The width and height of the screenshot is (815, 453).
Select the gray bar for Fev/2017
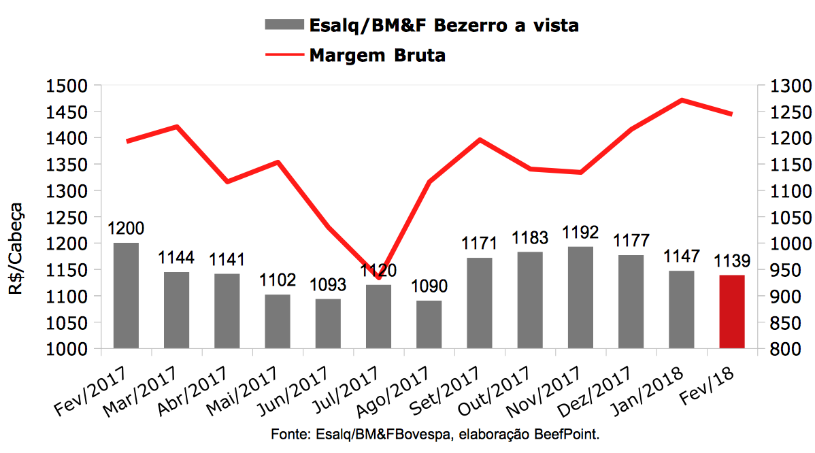pyautogui.click(x=126, y=296)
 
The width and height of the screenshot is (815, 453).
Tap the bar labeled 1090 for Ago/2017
pyautogui.click(x=429, y=324)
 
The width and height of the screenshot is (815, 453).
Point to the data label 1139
pyautogui.click(x=732, y=262)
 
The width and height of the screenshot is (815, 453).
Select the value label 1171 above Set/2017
pyautogui.click(x=480, y=244)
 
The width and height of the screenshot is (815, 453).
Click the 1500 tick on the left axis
pyautogui.click(x=66, y=86)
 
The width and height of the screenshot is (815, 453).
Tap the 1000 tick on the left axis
pyautogui.click(x=66, y=349)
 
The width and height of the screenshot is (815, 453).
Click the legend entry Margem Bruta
pyautogui.click(x=378, y=55)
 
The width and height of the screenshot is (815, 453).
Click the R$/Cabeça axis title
pyautogui.click(x=16, y=248)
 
